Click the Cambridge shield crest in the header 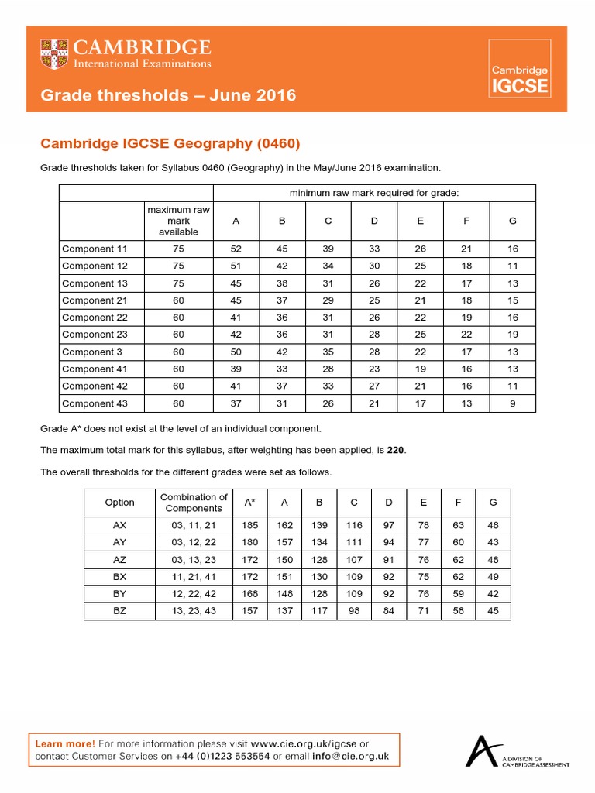coord(53,54)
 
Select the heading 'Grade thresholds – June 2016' coord(168,95)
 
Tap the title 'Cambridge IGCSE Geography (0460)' coord(170,143)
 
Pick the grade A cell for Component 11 coord(236,249)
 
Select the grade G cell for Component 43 coord(512,403)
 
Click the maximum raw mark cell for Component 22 coord(178,318)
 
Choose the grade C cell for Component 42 coord(328,386)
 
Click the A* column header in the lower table coord(249,503)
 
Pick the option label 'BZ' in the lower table coord(119,611)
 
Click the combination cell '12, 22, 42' coord(193,594)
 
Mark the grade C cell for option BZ coord(353,611)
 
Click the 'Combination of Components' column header coord(193,503)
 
